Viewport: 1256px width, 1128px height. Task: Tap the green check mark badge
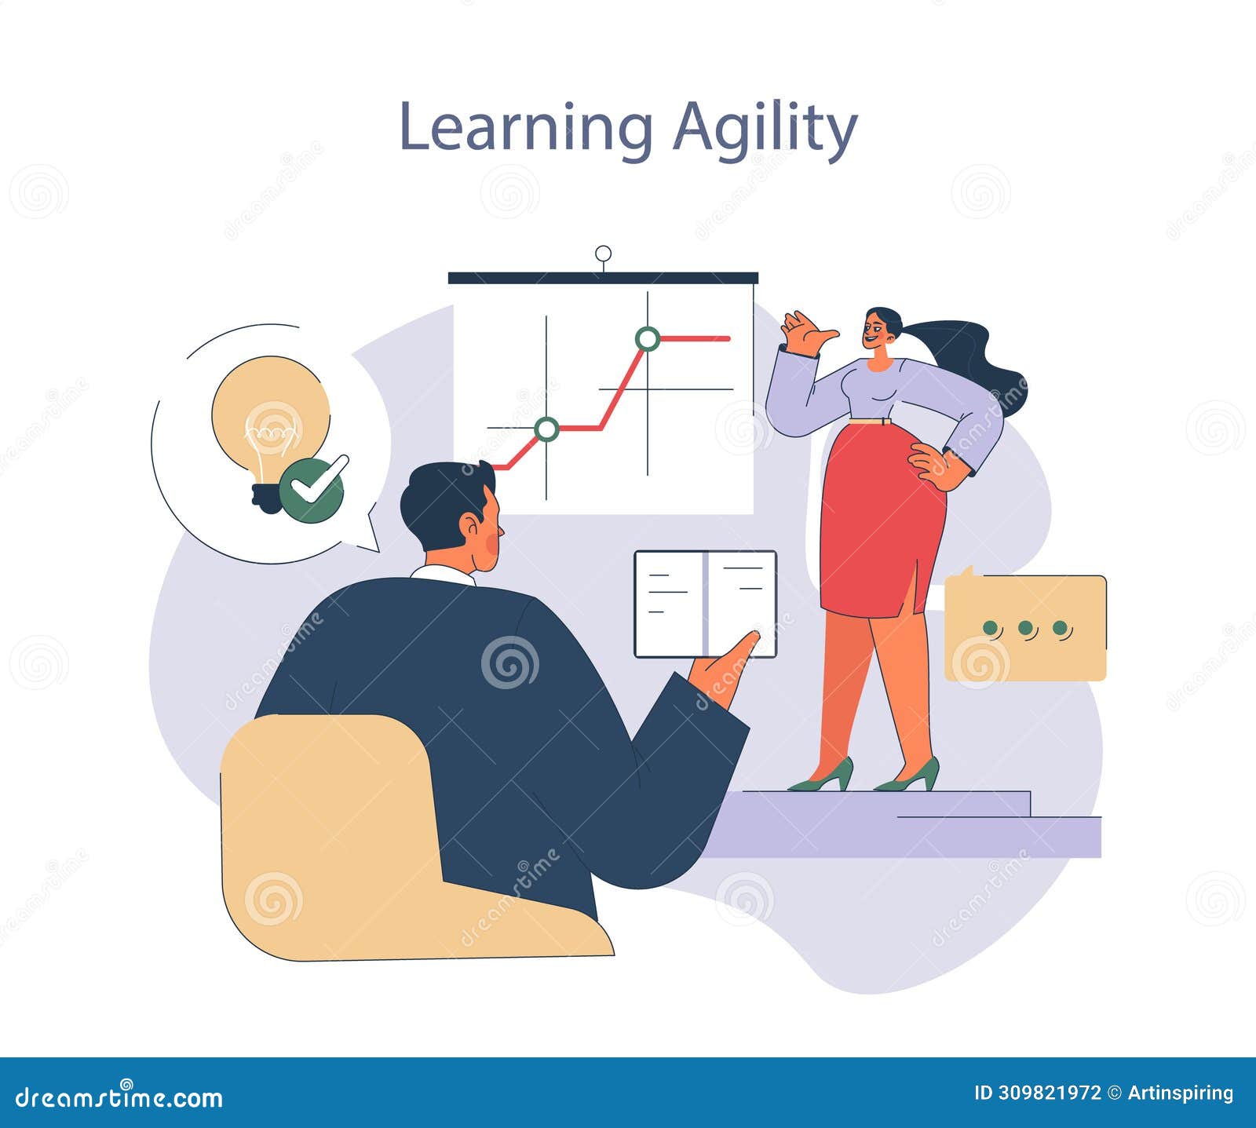[312, 489]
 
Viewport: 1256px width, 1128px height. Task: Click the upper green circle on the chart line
[648, 338]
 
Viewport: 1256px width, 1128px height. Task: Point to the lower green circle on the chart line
[546, 429]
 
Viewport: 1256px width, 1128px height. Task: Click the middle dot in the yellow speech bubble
[1024, 628]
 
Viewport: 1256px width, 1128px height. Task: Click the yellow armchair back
[330, 832]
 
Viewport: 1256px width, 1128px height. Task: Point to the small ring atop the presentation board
[603, 254]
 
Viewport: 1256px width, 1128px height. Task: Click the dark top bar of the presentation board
[603, 277]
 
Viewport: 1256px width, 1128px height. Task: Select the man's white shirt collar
[444, 574]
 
